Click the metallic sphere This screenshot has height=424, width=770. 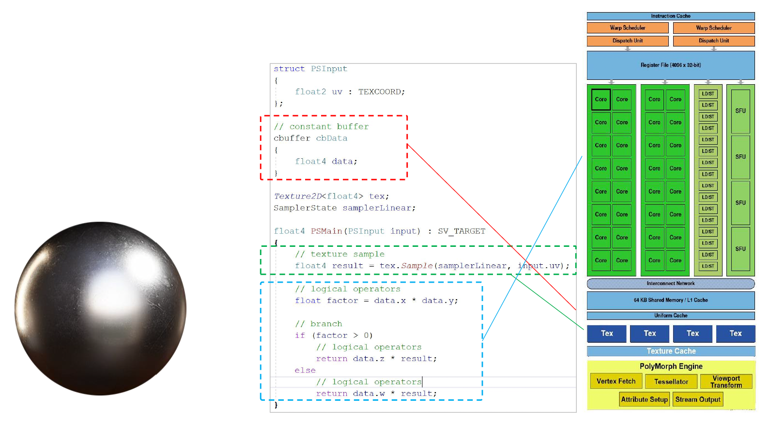coord(100,308)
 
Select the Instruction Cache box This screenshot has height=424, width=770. coord(670,16)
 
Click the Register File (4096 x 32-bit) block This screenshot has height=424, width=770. coord(670,65)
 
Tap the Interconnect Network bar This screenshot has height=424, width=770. coord(670,284)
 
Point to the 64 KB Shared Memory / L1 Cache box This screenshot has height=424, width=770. coord(670,300)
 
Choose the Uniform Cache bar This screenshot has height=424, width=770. coord(670,316)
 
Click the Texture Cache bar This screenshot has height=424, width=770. coord(671,351)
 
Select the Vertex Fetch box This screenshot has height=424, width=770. coord(616,381)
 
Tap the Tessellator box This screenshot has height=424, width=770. coord(671,381)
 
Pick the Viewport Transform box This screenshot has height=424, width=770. coord(726,381)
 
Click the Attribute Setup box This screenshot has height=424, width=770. coord(644,399)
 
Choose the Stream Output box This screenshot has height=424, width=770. coord(697,399)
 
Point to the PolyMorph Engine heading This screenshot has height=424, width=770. coord(671,366)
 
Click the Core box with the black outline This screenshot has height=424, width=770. coord(601,99)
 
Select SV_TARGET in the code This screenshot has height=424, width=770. coord(461,231)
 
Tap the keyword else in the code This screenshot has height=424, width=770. coord(305,370)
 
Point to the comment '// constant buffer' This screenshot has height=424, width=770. coord(321,126)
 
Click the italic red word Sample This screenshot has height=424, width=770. coord(416,266)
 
